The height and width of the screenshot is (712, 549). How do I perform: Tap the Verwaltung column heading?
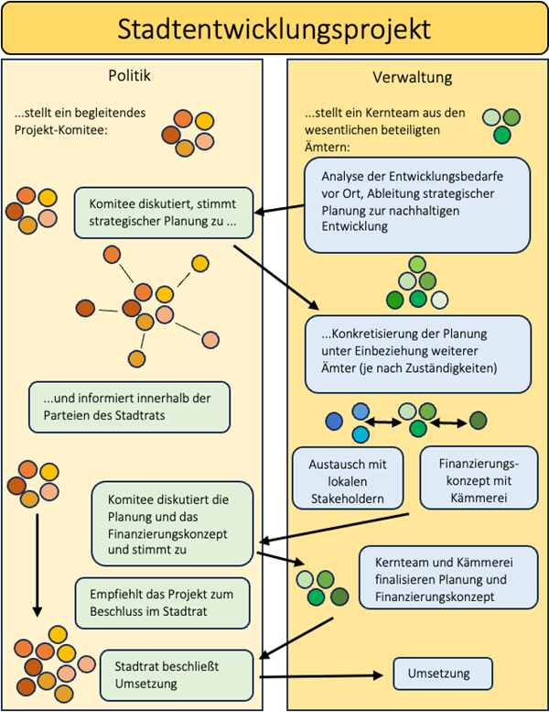(x=413, y=76)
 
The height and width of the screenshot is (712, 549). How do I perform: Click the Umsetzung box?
(x=443, y=674)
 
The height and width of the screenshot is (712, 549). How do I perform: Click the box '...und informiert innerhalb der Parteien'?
(x=128, y=408)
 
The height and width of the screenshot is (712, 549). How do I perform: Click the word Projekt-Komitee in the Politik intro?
(x=60, y=129)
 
